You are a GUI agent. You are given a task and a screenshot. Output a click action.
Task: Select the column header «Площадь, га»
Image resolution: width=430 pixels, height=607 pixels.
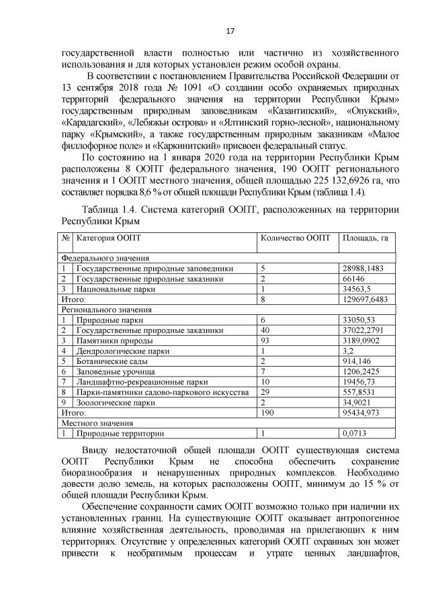coord(365,238)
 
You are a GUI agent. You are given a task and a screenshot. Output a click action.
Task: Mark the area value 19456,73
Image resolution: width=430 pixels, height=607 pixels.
coord(358,381)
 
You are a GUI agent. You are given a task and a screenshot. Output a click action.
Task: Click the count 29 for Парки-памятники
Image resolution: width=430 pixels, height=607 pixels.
coord(265,392)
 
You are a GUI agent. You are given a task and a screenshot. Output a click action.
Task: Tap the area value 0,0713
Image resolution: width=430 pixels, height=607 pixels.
coord(353,433)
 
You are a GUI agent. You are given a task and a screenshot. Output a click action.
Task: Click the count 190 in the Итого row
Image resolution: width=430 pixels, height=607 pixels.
coord(267,412)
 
